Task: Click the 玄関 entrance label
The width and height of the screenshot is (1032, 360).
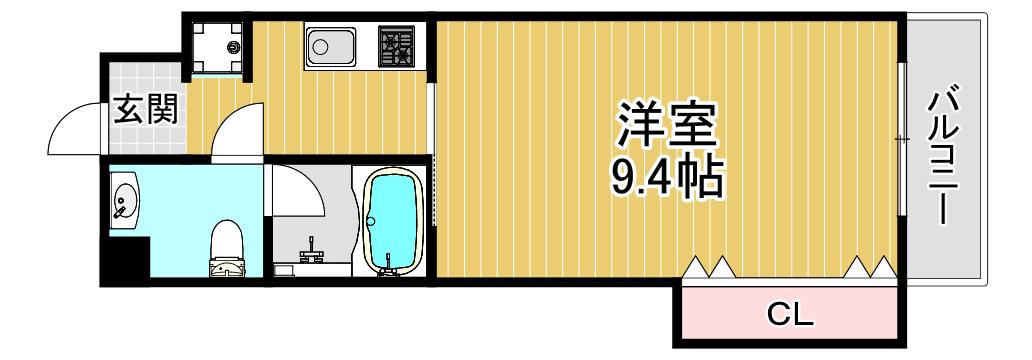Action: point(147,109)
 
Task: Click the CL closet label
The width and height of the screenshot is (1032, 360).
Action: point(790,315)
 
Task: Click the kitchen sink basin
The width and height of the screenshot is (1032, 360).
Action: point(330,45)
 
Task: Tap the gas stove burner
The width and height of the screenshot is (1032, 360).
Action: point(396,45)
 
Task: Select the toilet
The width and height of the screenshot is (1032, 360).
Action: point(227,249)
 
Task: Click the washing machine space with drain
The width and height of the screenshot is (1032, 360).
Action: point(217,48)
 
